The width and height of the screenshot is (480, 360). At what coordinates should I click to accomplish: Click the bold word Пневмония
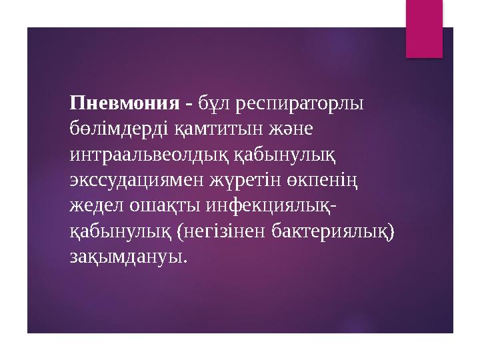click(x=124, y=104)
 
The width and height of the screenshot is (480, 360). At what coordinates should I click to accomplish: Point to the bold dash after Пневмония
click(x=189, y=105)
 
